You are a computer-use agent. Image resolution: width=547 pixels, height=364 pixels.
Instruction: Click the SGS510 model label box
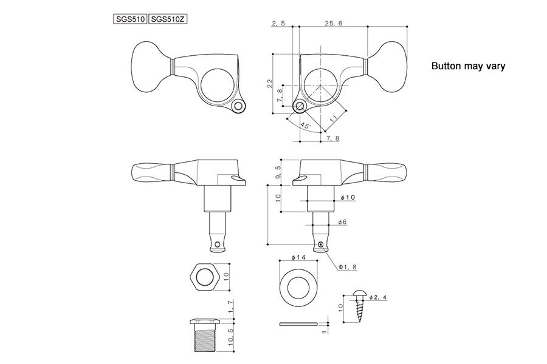click(x=129, y=19)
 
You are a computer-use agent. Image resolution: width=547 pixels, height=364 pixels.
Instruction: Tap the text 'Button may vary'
click(x=468, y=67)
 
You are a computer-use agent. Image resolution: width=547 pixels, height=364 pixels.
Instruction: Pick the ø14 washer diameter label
click(x=298, y=257)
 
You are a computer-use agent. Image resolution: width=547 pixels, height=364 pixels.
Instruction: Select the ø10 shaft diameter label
click(x=348, y=198)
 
